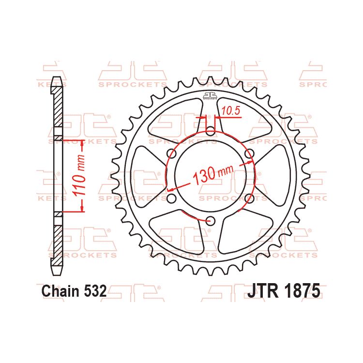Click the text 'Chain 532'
[x=74, y=292]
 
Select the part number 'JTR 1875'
[x=284, y=291]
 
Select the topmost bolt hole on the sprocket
[x=210, y=131]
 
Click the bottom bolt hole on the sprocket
[x=210, y=221]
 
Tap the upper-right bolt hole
[x=249, y=153]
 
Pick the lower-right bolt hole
[x=249, y=198]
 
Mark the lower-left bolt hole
[x=171, y=198]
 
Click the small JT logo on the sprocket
[x=210, y=95]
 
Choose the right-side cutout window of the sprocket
[x=276, y=176]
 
